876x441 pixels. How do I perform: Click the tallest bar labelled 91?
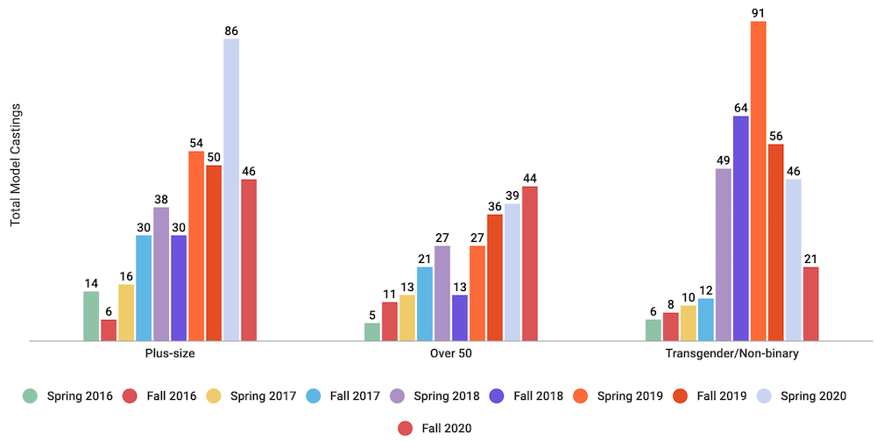click(758, 181)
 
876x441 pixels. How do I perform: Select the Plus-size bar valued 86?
click(231, 189)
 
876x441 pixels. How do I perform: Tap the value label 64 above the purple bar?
click(740, 108)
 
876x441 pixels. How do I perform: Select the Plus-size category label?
click(170, 353)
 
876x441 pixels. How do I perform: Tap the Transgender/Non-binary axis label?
click(731, 353)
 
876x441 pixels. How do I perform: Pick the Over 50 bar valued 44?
click(530, 263)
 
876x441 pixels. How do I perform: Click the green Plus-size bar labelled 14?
click(91, 316)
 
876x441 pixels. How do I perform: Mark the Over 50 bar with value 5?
click(372, 331)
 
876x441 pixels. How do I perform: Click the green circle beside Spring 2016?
click(32, 396)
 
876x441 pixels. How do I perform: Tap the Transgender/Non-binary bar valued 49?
click(723, 254)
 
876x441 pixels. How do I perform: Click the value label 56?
click(775, 136)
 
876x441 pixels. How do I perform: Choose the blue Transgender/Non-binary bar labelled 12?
click(705, 319)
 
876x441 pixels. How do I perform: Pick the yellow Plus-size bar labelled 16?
click(126, 312)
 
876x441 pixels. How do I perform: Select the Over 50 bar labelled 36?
click(495, 277)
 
